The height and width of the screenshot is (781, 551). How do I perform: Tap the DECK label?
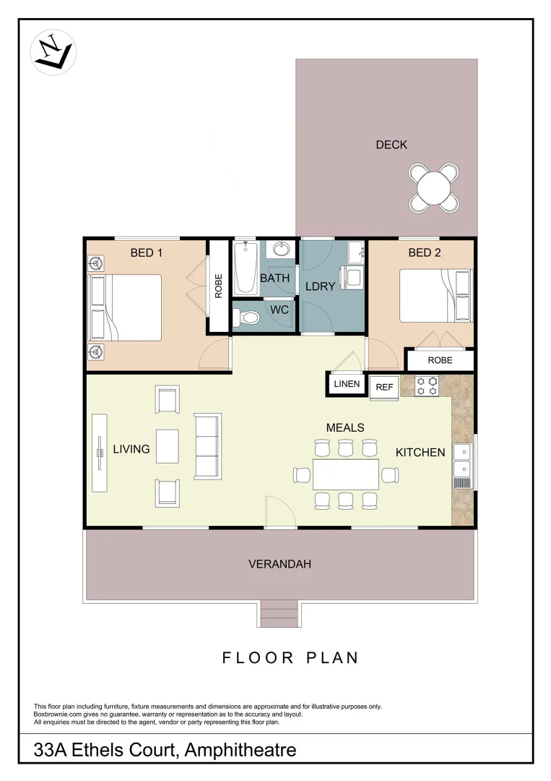click(x=391, y=145)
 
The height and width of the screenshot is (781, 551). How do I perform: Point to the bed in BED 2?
click(x=435, y=296)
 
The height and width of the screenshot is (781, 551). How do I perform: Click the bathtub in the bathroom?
click(x=246, y=269)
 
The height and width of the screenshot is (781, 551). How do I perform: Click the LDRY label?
click(x=319, y=286)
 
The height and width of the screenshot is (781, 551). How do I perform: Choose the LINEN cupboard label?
click(x=347, y=384)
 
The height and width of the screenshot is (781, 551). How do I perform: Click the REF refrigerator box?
click(x=384, y=387)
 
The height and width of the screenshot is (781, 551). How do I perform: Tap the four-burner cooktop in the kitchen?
click(x=427, y=386)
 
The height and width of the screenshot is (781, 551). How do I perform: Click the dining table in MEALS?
click(x=346, y=474)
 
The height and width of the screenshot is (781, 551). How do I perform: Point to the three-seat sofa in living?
click(x=207, y=446)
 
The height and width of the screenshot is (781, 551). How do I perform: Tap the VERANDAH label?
click(x=279, y=564)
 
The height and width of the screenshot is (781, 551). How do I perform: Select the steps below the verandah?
click(x=279, y=614)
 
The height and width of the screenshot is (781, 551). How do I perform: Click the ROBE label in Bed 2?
click(x=440, y=359)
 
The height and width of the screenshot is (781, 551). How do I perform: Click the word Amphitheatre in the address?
click(x=240, y=750)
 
